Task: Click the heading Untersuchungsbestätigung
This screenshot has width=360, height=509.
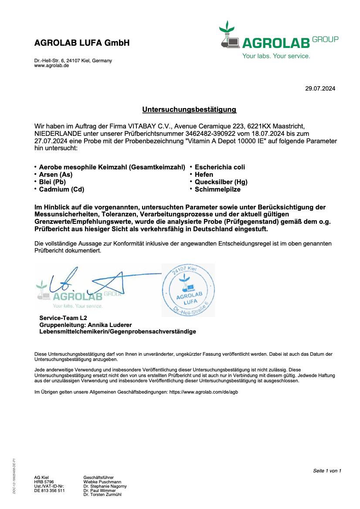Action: [x=189, y=109]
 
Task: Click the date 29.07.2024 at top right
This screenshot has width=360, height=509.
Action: [x=320, y=89]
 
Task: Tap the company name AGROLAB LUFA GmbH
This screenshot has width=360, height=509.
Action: [x=82, y=43]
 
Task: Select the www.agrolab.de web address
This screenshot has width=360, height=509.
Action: [x=51, y=65]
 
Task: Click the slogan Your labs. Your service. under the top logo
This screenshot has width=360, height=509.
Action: [x=276, y=56]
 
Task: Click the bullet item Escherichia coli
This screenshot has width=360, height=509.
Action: [x=220, y=167]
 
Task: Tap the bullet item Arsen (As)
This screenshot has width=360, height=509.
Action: [x=56, y=175]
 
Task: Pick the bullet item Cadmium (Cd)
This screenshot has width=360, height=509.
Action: [x=61, y=189]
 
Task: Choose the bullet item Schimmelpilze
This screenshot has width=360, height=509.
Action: [x=217, y=189]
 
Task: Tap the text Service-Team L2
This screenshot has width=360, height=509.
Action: [x=63, y=318]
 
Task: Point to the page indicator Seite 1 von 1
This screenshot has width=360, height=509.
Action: [x=327, y=471]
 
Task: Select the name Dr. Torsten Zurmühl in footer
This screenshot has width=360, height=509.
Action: [x=102, y=495]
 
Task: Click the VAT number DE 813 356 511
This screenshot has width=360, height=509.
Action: [x=49, y=491]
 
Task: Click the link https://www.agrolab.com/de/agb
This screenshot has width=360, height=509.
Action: [x=204, y=392]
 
